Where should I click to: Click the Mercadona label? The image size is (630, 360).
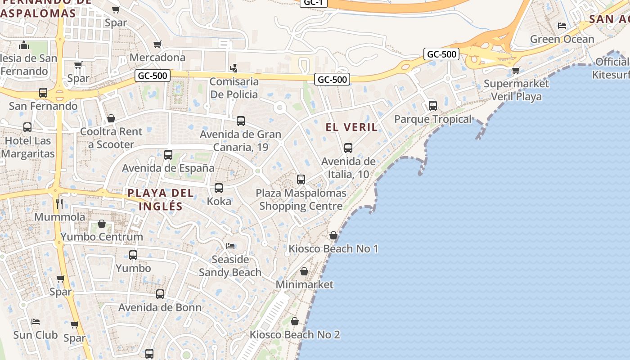click(x=157, y=58)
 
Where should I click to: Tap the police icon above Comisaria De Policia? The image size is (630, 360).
click(x=233, y=68)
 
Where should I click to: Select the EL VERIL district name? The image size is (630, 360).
click(x=352, y=127)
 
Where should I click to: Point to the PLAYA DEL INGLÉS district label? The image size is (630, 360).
click(x=161, y=200)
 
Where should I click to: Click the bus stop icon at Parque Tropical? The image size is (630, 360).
click(x=433, y=106)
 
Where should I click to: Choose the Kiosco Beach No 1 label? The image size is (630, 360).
click(x=333, y=249)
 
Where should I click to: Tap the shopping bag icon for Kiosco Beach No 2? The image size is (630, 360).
click(x=295, y=321)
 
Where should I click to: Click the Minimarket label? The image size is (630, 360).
click(x=305, y=284)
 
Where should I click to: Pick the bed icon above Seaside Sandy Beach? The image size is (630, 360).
click(x=230, y=246)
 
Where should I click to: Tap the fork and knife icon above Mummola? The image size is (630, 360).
click(x=59, y=203)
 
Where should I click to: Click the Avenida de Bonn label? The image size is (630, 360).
click(x=160, y=308)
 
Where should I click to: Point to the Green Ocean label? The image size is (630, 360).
click(x=562, y=39)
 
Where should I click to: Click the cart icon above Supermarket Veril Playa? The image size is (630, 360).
click(x=516, y=70)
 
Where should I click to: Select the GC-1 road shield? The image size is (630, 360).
click(x=314, y=3)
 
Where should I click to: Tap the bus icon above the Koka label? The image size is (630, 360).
click(x=219, y=188)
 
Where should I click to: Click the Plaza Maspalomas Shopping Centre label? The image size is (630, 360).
click(x=301, y=200)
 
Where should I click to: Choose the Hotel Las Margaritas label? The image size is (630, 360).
click(x=27, y=147)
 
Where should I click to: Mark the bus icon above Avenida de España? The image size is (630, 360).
click(x=168, y=155)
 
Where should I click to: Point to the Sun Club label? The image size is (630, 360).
click(x=36, y=335)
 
